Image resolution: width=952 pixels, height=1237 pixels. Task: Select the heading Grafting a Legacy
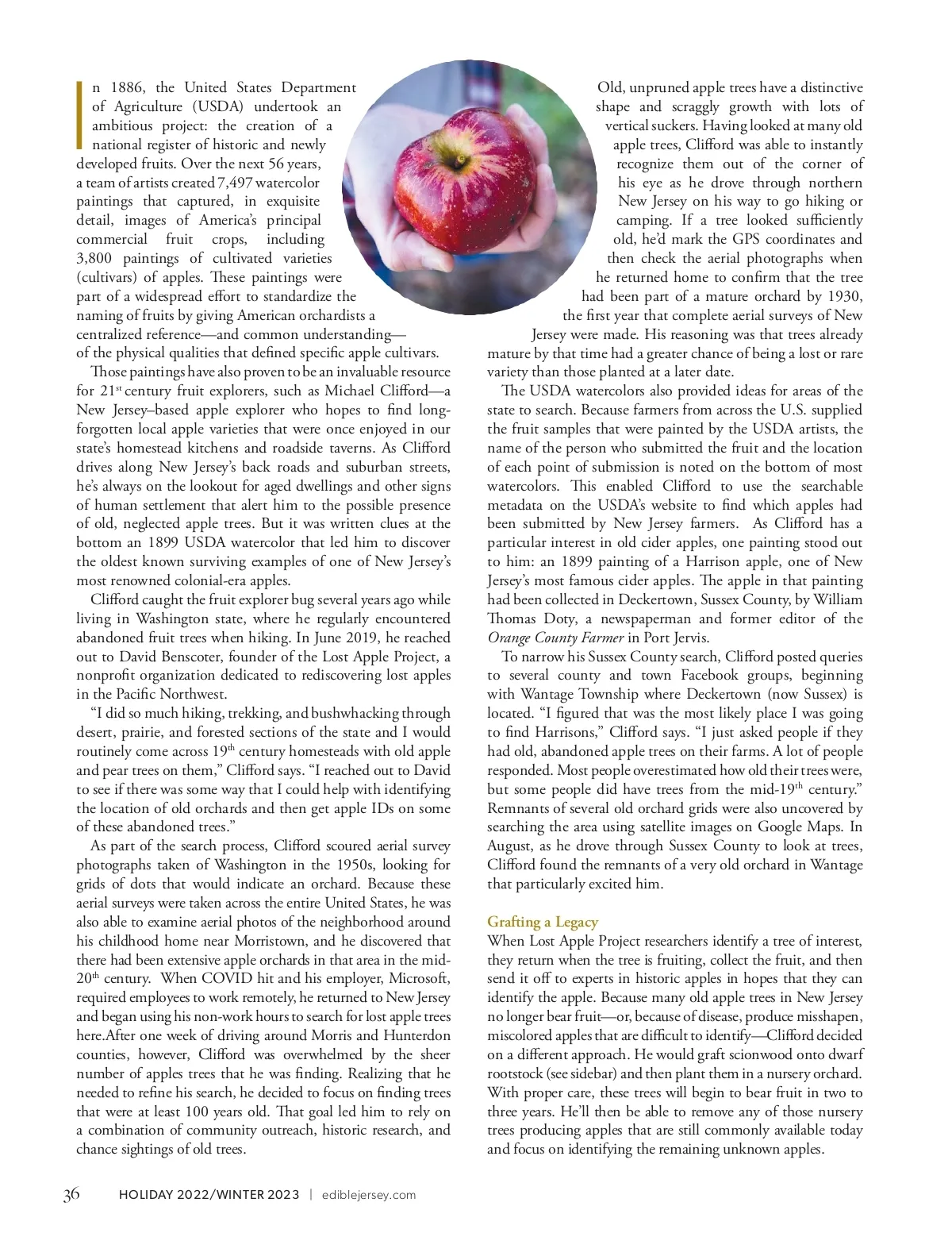click(543, 922)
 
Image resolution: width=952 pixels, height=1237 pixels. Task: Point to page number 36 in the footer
click(71, 1194)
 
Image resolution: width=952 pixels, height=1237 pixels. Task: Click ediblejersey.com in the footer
click(368, 1195)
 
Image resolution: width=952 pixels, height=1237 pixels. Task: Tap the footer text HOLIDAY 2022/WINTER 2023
click(209, 1195)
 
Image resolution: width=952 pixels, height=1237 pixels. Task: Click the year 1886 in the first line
click(127, 87)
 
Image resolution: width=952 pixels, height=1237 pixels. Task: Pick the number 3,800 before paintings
click(94, 258)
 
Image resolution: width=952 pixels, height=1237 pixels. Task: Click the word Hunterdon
click(417, 1035)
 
